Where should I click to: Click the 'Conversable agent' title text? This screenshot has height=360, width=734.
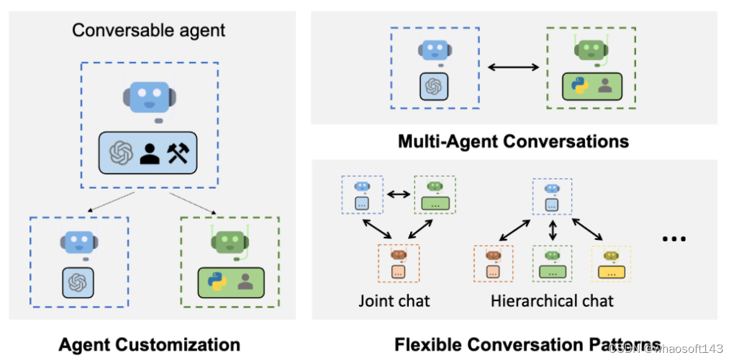[149, 30]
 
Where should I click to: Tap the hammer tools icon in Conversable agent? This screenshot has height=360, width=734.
[177, 153]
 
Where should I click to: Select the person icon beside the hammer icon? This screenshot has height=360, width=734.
[150, 153]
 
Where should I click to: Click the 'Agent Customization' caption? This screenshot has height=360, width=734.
[149, 343]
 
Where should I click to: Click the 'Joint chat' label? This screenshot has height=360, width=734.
[394, 300]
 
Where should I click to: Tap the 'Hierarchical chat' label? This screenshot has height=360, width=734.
[552, 300]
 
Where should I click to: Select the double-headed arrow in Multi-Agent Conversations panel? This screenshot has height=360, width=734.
[513, 68]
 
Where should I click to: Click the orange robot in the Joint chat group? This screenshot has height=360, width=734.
[399, 256]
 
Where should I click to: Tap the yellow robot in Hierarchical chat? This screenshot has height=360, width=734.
[611, 256]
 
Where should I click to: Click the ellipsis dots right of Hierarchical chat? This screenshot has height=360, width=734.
[674, 239]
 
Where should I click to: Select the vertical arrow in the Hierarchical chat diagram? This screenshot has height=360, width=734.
[552, 230]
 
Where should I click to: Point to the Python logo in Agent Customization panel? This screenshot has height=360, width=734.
[215, 281]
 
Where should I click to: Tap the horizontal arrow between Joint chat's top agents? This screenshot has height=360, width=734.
[398, 194]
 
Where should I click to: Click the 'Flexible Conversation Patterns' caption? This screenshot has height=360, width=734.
[527, 343]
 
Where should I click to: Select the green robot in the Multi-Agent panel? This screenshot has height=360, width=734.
[590, 50]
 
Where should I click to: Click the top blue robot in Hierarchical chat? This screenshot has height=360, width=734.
[552, 189]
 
